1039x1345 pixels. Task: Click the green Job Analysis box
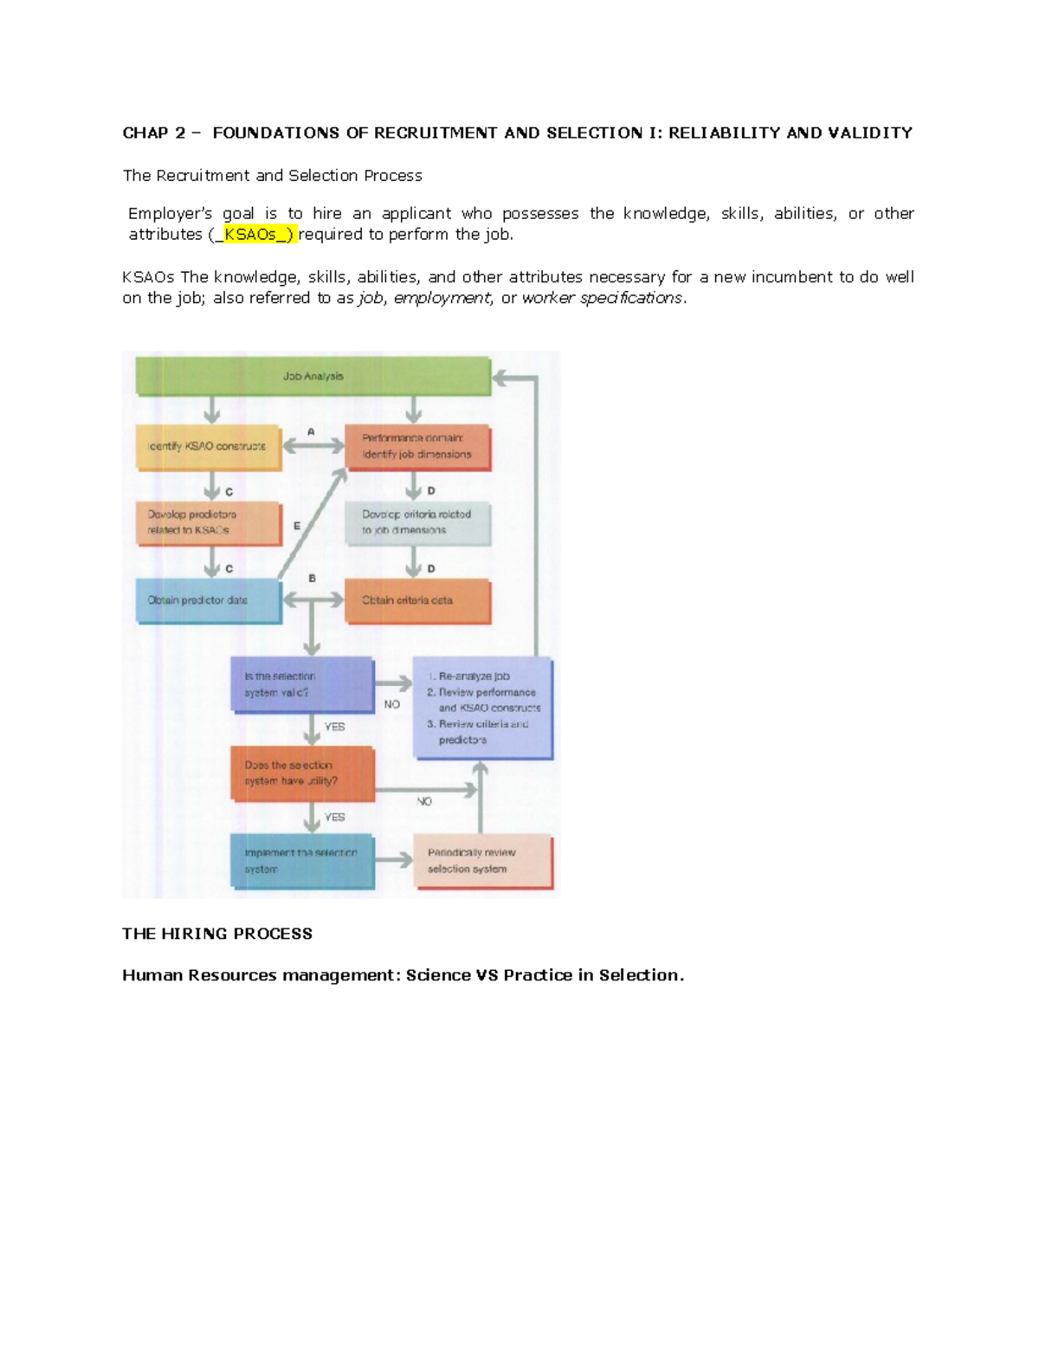pyautogui.click(x=313, y=377)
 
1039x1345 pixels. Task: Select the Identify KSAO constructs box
pyautogui.click(x=209, y=447)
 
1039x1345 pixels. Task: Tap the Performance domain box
pyautogui.click(x=417, y=447)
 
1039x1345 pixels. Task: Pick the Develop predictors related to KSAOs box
pyautogui.click(x=209, y=522)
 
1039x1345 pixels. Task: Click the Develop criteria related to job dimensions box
pyautogui.click(x=417, y=522)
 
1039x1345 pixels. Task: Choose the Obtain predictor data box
pyautogui.click(x=209, y=600)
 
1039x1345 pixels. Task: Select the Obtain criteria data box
pyautogui.click(x=417, y=600)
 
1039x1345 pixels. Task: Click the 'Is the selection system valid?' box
pyautogui.click(x=302, y=684)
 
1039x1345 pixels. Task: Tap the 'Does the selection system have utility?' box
pyautogui.click(x=302, y=773)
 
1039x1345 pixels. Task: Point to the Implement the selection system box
pyautogui.click(x=302, y=861)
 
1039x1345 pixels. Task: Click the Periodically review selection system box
pyautogui.click(x=482, y=861)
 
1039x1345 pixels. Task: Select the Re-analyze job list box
pyautogui.click(x=483, y=708)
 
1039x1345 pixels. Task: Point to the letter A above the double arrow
pyautogui.click(x=311, y=431)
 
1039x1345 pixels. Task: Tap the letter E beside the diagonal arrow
pyautogui.click(x=297, y=526)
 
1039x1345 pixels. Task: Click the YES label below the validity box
pyautogui.click(x=334, y=727)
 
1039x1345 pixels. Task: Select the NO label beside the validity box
pyautogui.click(x=392, y=705)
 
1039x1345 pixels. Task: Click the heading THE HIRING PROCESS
pyautogui.click(x=217, y=934)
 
